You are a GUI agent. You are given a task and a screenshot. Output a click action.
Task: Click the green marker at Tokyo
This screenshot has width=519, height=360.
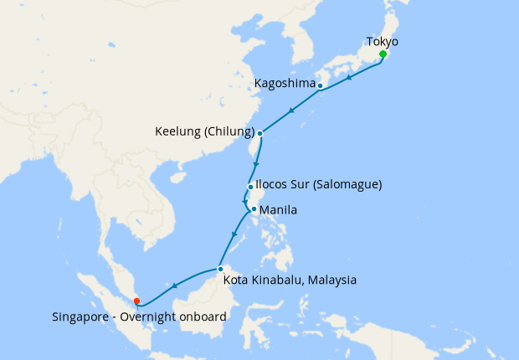(383, 54)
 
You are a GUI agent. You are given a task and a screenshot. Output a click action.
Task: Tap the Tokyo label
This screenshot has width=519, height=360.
(383, 41)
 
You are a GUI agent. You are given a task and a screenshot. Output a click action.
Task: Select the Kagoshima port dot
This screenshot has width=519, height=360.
(321, 85)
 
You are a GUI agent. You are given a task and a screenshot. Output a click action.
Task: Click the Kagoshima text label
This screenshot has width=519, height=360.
(285, 84)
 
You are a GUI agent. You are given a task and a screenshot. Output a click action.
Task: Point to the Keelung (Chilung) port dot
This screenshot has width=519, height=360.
(260, 133)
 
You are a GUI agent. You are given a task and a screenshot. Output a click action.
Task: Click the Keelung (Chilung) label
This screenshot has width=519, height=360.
(205, 131)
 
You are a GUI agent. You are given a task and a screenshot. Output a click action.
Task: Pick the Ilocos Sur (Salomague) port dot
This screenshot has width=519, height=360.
(250, 187)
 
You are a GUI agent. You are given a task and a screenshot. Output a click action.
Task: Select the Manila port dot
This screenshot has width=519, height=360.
(252, 209)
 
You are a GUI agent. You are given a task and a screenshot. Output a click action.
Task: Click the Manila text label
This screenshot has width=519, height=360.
(279, 208)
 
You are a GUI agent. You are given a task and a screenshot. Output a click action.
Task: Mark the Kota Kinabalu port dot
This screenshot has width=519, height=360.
(219, 269)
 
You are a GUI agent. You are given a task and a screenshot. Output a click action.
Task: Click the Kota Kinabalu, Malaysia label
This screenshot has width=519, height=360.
(290, 280)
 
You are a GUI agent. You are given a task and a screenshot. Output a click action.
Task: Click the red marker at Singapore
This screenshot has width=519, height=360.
(136, 291)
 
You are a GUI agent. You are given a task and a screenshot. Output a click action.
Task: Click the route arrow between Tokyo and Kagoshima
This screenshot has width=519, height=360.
(348, 76)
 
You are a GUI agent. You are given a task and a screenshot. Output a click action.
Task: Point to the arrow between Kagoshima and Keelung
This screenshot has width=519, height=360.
(290, 111)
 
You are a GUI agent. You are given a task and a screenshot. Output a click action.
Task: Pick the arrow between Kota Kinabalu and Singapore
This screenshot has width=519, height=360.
(175, 286)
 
